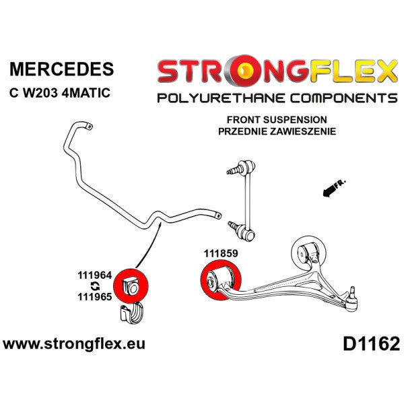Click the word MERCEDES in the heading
(61, 69)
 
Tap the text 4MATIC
(86, 93)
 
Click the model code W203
(40, 93)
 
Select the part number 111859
(221, 254)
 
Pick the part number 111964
(95, 275)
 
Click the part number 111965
(95, 297)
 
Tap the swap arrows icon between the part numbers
(96, 286)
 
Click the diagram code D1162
(371, 344)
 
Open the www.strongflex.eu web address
(74, 344)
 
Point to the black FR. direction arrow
(334, 189)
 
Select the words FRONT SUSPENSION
(277, 120)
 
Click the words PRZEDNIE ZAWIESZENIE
(277, 131)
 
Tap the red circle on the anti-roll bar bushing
(131, 285)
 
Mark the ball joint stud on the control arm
(353, 291)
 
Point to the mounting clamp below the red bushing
(131, 312)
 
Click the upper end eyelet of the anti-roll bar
(88, 127)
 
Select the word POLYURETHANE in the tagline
(222, 98)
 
